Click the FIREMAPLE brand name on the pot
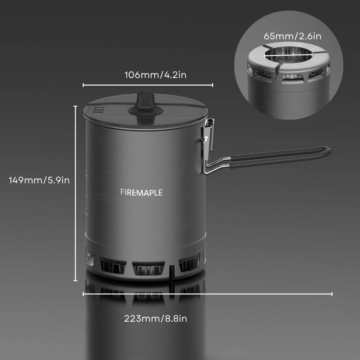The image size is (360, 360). pos(141,192)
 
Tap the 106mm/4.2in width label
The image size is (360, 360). pos(155,75)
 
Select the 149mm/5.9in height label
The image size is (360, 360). pos(39,180)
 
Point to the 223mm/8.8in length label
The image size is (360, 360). pos(155,319)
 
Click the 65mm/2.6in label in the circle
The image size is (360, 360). pos(293,36)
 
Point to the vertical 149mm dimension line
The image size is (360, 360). pos(75,193)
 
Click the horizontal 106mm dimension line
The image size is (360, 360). pos(148,85)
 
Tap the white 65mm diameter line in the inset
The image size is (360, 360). pos(288,55)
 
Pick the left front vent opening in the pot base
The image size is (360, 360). pos(113,265)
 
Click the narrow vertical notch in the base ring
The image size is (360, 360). pos(172,272)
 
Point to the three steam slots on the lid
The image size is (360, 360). pos(99,109)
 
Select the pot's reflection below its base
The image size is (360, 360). pos(145,316)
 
